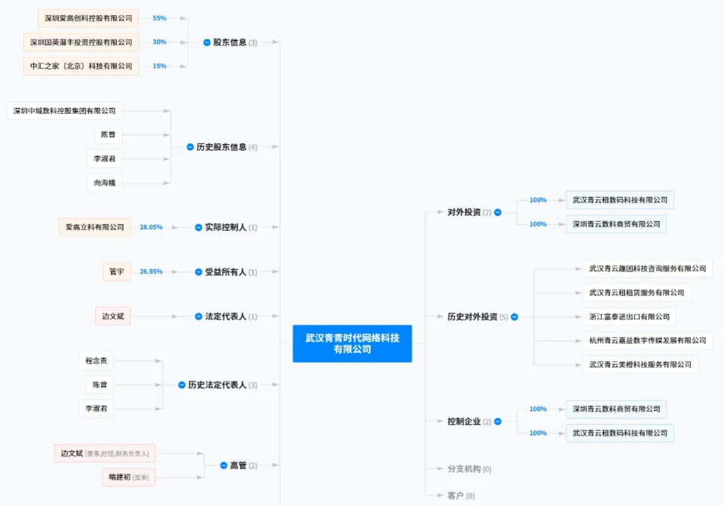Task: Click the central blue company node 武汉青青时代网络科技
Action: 352,344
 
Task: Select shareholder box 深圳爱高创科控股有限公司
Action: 88,18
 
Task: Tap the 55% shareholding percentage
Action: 159,18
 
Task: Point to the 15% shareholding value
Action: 159,66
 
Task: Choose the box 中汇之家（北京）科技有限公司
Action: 81,66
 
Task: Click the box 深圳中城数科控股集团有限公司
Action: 65,111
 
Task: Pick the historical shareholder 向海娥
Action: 104,182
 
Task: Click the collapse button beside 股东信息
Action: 207,42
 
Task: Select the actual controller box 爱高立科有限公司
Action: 94,227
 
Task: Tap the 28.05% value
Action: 151,227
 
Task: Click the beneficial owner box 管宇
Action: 116,271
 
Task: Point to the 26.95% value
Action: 151,271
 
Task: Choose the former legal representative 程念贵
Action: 100,360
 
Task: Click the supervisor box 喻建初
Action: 128,477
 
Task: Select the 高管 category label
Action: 238,465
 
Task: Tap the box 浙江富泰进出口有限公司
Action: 628,317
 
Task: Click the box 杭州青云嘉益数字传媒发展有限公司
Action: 647,340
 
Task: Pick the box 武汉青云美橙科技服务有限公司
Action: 640,364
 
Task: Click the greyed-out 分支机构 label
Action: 464,469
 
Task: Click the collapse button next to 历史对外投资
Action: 514,317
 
